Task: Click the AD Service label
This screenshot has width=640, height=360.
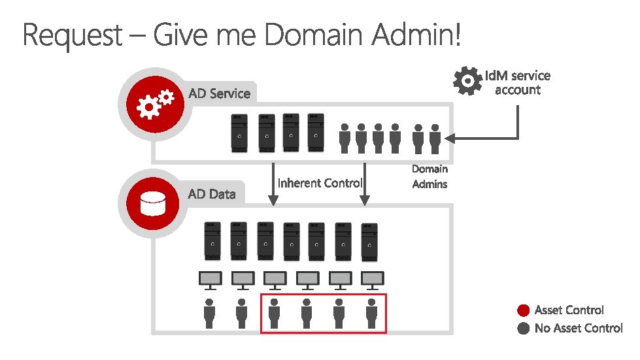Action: [x=219, y=93]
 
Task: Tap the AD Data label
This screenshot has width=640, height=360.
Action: [x=211, y=193]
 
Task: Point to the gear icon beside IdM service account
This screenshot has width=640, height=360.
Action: [x=467, y=81]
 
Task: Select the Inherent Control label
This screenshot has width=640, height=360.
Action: [x=320, y=183]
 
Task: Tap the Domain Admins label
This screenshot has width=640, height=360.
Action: [x=429, y=176]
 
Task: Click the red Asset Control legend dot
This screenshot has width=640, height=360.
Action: [x=522, y=310]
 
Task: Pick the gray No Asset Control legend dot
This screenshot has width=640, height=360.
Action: [x=522, y=329]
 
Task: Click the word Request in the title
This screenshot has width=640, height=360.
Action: [x=72, y=35]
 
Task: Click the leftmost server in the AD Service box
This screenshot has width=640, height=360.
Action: [x=239, y=133]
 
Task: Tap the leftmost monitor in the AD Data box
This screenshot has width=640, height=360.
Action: [x=210, y=280]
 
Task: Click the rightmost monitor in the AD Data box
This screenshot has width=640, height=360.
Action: [x=371, y=280]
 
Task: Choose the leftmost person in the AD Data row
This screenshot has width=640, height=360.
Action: [x=210, y=314]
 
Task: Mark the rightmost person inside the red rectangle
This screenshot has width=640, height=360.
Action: [x=371, y=314]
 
